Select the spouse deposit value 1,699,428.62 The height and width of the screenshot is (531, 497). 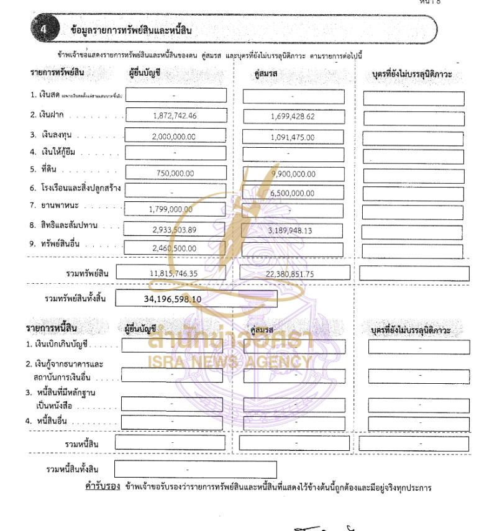(293, 116)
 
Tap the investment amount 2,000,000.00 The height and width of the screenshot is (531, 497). (174, 137)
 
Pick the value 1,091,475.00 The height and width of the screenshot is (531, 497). (293, 137)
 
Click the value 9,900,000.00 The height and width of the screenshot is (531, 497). (293, 174)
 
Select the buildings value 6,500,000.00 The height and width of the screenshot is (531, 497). (293, 193)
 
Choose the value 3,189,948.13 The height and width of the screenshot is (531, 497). (290, 230)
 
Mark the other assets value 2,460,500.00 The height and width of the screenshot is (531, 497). (174, 248)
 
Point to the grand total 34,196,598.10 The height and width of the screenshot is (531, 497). (173, 299)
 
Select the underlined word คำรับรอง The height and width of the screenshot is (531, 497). (102, 487)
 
